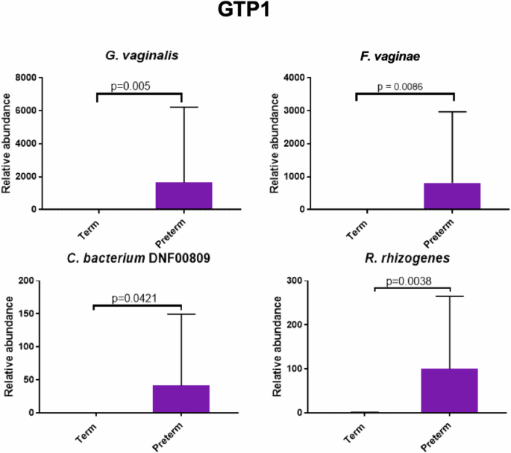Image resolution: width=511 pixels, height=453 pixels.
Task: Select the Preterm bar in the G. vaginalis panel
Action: [x=184, y=196]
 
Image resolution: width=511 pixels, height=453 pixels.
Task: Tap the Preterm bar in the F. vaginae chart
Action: [x=451, y=196]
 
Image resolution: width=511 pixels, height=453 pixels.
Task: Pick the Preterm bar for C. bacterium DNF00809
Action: [x=181, y=399]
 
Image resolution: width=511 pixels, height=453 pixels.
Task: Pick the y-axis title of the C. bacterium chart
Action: [x=10, y=346]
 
